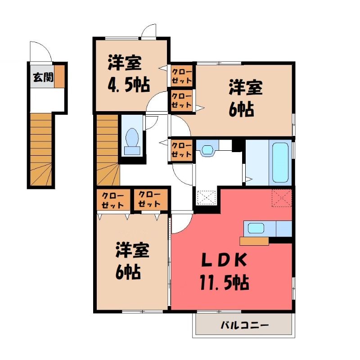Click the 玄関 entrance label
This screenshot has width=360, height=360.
[43, 77]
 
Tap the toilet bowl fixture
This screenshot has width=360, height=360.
[132, 141]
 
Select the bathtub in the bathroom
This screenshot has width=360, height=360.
[280, 162]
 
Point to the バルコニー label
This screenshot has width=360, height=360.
[244, 325]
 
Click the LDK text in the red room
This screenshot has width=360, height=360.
[224, 260]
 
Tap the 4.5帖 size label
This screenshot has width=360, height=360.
[129, 85]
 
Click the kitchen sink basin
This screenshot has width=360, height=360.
[256, 228]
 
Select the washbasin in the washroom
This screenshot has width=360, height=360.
[207, 149]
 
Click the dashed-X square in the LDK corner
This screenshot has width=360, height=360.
[282, 198]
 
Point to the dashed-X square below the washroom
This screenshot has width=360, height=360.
[207, 197]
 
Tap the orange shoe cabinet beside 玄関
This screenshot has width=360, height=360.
[59, 76]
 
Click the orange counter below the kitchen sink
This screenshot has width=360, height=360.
[254, 241]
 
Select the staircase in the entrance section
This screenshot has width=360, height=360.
[41, 149]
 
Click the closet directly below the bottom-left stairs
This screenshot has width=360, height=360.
[113, 200]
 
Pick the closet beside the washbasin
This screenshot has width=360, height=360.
[181, 150]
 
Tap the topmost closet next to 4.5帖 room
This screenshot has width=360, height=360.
[181, 76]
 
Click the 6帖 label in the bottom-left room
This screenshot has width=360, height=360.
[128, 272]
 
